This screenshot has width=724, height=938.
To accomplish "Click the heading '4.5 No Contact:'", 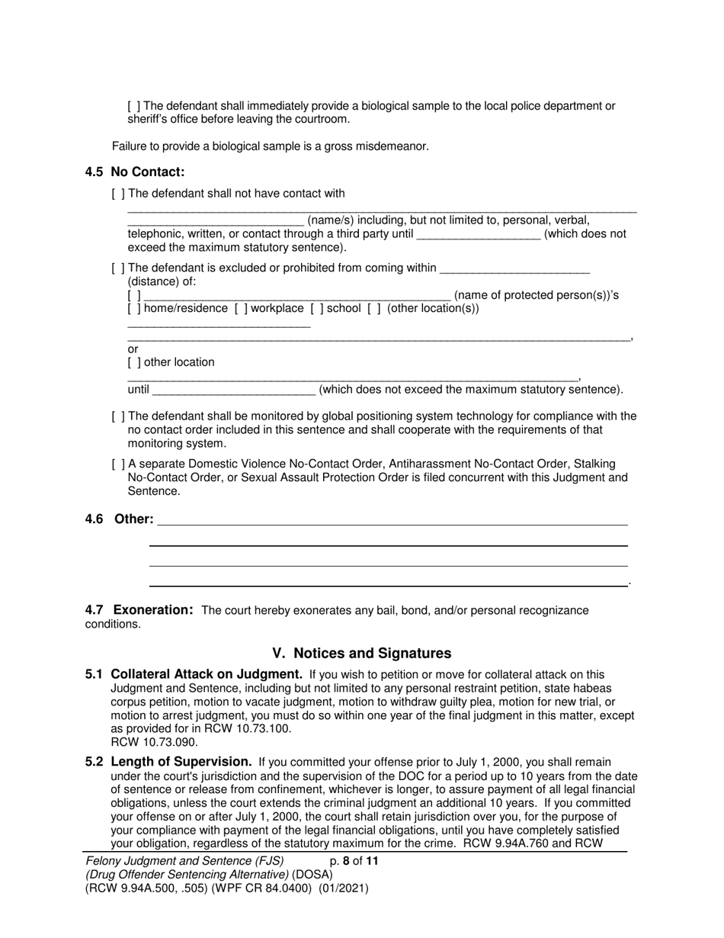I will (135, 172).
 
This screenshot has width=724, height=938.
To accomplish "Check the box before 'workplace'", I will (240, 309).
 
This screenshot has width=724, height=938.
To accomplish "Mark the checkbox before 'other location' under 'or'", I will (134, 362).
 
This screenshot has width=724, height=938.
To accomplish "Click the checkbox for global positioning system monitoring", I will (118, 416).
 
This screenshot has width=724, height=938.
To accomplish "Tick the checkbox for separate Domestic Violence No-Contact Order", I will (118, 464).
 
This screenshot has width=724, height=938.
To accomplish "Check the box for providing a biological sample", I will (134, 106).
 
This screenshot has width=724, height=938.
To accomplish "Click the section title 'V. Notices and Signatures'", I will (361, 654).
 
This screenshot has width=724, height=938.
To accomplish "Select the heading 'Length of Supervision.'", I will (181, 761).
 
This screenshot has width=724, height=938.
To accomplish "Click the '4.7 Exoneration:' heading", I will (139, 610).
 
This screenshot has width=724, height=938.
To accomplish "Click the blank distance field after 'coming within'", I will (514, 268).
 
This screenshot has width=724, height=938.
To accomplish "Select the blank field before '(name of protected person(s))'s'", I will (297, 296).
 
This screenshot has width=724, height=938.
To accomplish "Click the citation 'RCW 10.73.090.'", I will (155, 742).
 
